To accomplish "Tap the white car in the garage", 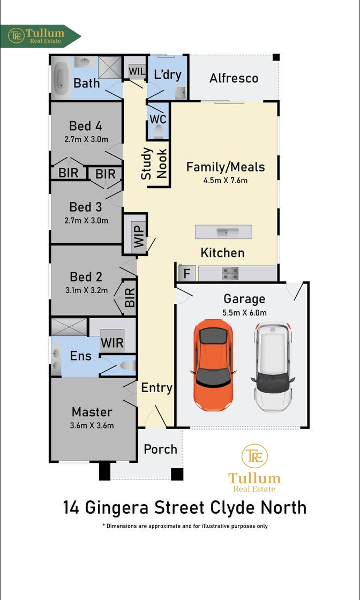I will click(273, 367).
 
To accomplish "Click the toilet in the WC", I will click(158, 131).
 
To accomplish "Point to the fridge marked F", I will click(187, 274).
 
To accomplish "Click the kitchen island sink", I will click(223, 232).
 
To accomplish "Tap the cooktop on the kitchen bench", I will click(230, 274).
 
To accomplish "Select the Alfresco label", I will click(234, 78).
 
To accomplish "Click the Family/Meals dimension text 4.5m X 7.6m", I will click(226, 180).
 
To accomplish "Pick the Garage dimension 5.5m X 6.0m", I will click(245, 313).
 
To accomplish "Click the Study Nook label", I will click(154, 163).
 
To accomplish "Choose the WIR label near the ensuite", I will click(112, 342).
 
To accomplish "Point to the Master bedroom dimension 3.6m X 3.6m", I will click(92, 426).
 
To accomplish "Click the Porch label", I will click(160, 449).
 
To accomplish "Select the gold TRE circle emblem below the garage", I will click(254, 456).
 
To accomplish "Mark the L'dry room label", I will click(167, 74).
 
